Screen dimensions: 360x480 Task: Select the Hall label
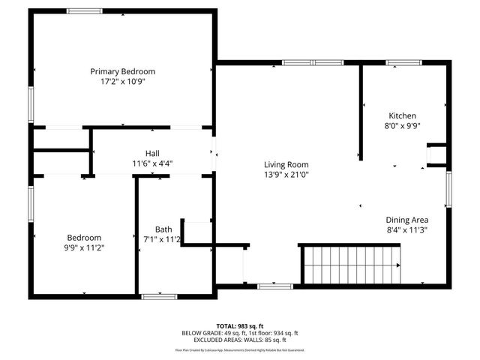point(152,153)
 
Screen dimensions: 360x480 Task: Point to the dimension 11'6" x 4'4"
point(152,163)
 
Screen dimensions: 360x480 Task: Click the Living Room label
point(286,164)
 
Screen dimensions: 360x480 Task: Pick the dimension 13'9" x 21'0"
point(286,175)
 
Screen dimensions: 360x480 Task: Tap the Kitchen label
point(402,115)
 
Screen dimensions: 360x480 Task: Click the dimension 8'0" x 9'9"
point(402,126)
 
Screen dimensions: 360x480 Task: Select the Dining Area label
point(406,220)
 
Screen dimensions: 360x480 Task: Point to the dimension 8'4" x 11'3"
point(406,230)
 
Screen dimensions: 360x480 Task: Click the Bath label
point(163,229)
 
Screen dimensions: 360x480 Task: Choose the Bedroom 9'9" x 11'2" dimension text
point(84,247)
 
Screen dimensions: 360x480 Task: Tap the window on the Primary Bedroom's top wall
point(85,10)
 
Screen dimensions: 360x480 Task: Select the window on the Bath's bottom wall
point(159,296)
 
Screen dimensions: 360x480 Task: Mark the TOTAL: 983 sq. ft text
point(240,325)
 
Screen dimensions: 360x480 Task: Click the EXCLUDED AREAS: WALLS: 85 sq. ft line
point(240,340)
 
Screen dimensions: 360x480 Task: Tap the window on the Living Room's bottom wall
point(275,286)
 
